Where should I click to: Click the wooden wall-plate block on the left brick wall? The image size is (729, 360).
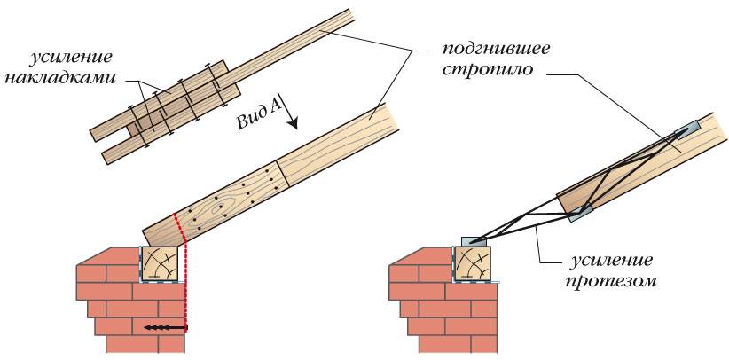click(160, 263)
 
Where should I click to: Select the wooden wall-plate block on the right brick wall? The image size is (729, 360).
click(474, 263)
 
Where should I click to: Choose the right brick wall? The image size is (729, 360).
click(426, 301)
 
